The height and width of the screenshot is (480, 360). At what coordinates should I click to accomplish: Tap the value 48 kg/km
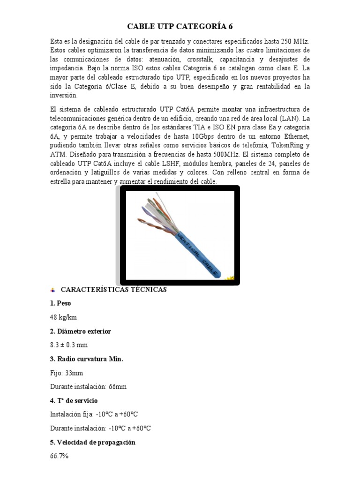point(63,317)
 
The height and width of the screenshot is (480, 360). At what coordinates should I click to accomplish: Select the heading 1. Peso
point(60,303)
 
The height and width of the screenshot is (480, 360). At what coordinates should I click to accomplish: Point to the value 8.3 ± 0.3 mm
point(68,345)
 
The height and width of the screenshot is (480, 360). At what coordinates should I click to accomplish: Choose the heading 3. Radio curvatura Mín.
point(86,359)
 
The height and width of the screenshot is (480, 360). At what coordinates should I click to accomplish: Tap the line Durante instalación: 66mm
point(88,387)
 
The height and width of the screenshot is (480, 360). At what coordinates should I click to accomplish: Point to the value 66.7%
point(59,456)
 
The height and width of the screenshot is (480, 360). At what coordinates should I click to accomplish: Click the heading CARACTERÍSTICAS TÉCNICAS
point(114,290)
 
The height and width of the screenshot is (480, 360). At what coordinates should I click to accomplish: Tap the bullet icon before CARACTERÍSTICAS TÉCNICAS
point(52,290)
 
